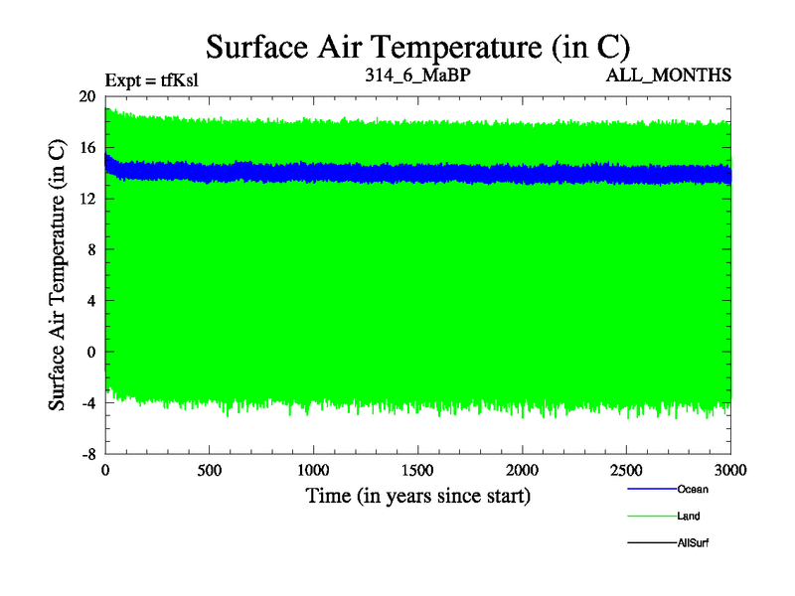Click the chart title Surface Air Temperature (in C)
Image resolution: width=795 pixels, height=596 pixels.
pyautogui.click(x=417, y=46)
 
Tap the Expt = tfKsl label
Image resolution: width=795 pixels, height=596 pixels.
pyautogui.click(x=152, y=79)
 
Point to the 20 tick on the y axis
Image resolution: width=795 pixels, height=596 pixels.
pyautogui.click(x=86, y=96)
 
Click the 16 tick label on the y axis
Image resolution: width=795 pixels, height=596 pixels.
pyautogui.click(x=86, y=147)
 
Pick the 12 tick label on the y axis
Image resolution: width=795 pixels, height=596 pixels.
pyautogui.click(x=86, y=199)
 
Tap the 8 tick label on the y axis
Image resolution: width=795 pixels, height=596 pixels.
pyautogui.click(x=90, y=249)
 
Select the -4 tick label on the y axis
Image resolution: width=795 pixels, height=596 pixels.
pyautogui.click(x=88, y=403)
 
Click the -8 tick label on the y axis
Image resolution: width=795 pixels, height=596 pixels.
pyautogui.click(x=88, y=454)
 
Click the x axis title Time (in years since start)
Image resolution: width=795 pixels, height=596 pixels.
pyautogui.click(x=417, y=495)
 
